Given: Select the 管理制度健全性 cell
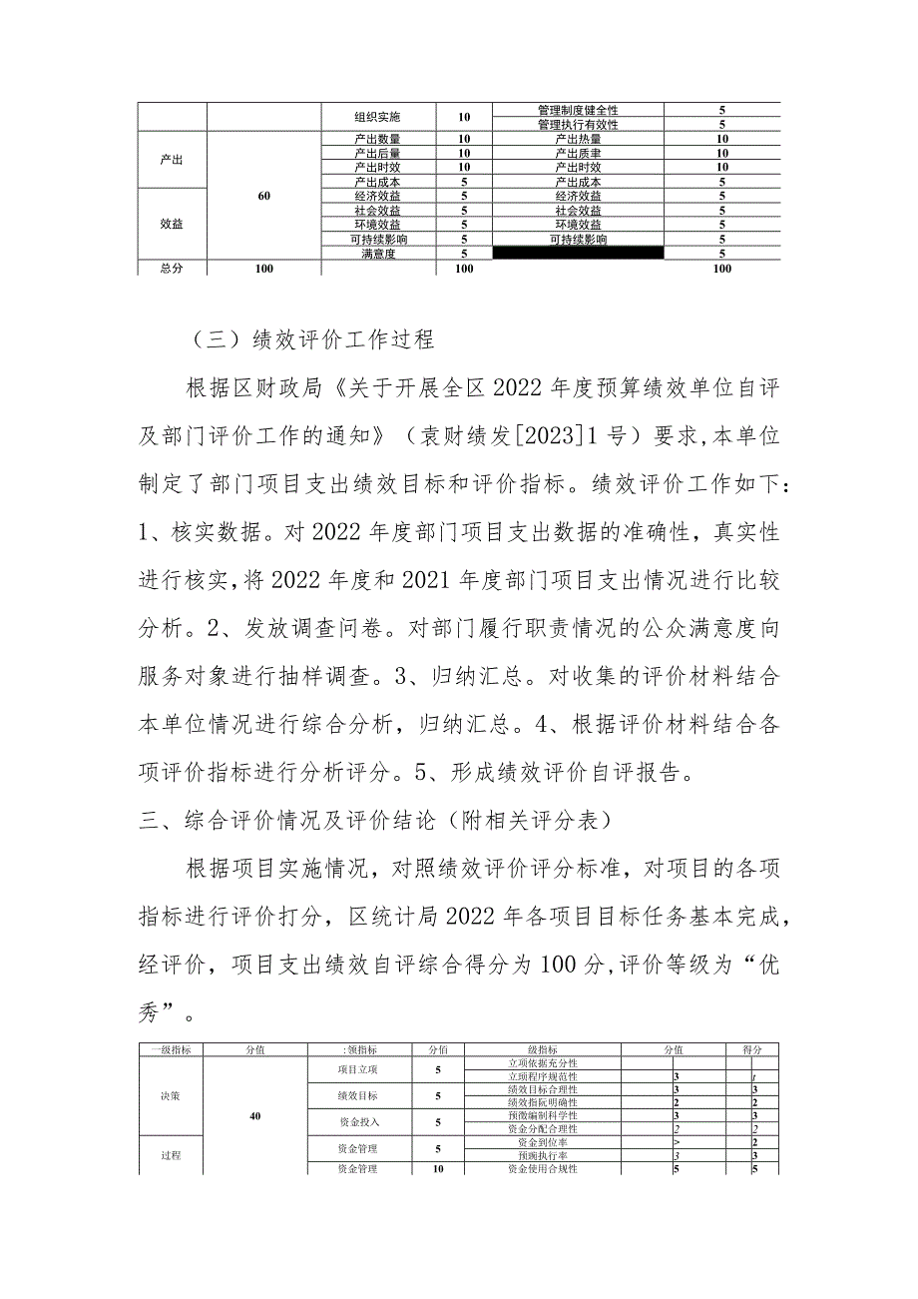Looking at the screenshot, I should [578, 110].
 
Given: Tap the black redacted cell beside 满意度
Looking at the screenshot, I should [578, 255].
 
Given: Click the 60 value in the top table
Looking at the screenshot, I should [263, 197].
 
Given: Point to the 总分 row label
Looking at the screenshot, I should [172, 270].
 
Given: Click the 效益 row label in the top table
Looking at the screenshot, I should [172, 226].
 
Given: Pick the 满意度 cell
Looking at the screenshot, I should [380, 255].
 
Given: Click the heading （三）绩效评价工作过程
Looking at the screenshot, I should [310, 339].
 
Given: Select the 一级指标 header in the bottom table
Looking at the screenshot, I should [171, 1049].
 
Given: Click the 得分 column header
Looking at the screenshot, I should [752, 1049].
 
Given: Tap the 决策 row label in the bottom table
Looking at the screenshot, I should [171, 1095].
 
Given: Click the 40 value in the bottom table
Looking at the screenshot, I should [255, 1116].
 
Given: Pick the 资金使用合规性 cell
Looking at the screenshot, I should [543, 1168].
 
